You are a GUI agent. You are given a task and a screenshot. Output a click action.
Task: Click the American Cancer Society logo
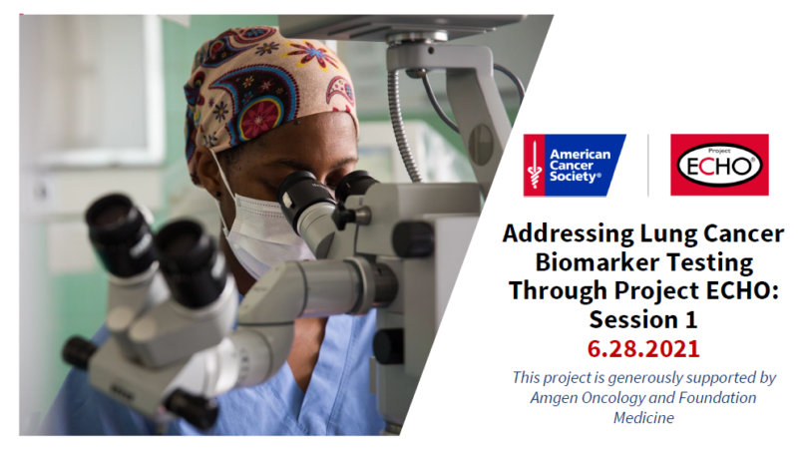click(x=575, y=165)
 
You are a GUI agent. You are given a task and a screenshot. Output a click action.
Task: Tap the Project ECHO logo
click(x=719, y=165)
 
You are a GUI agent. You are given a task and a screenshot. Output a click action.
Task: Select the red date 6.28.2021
click(x=643, y=348)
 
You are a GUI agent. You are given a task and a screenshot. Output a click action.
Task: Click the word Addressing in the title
click(x=568, y=234)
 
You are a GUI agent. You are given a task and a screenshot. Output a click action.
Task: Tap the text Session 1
click(x=643, y=320)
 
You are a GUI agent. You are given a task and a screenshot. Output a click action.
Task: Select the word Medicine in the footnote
click(x=643, y=418)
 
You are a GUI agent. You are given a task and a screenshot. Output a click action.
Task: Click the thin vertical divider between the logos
click(x=647, y=165)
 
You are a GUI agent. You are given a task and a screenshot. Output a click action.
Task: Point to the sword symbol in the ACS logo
click(x=535, y=165)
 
